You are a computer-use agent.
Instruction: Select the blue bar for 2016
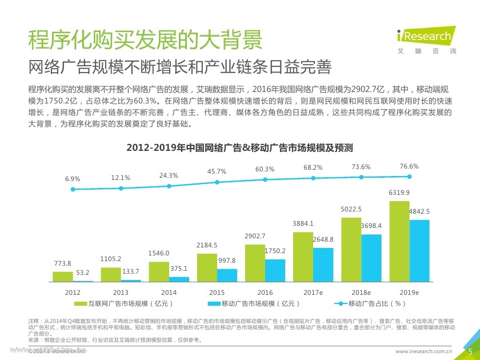275,270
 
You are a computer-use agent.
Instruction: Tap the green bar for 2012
63,277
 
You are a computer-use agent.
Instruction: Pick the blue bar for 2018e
371,258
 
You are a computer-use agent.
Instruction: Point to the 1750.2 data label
275,251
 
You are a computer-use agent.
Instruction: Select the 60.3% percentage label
265,169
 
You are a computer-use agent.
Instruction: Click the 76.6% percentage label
409,166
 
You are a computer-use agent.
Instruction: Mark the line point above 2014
169,186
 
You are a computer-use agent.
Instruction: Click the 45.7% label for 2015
217,171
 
